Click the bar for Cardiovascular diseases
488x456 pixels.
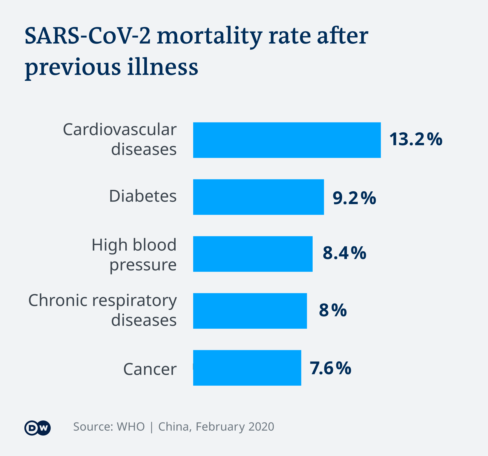tap(287, 140)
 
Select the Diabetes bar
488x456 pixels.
tap(258, 197)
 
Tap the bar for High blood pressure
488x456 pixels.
tap(253, 254)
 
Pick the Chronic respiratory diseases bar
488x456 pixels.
tap(250, 311)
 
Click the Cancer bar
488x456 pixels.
tap(247, 368)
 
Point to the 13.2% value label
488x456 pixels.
tap(416, 140)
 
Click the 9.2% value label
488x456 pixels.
tap(354, 198)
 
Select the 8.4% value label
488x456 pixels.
tap(344, 253)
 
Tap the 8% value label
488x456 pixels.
tap(333, 310)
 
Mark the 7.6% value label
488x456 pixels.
tap(330, 368)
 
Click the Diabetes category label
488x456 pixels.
tap(143, 196)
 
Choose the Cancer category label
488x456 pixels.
tap(150, 369)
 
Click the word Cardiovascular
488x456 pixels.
tap(119, 130)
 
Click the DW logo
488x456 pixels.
tap(38, 428)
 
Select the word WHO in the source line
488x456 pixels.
tap(130, 427)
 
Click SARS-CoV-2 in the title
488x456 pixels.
tap(88, 36)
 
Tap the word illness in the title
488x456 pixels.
tap(163, 67)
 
